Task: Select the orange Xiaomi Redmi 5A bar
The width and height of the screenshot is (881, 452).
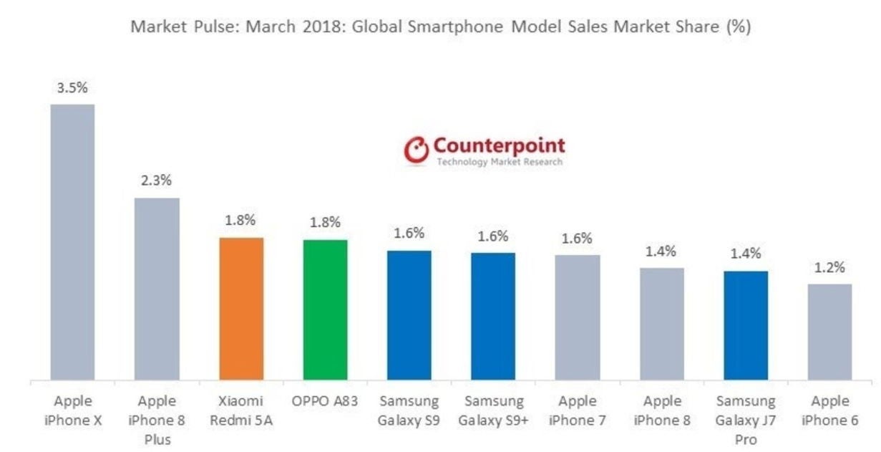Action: coord(241,308)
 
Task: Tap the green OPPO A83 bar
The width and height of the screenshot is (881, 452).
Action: coord(326,309)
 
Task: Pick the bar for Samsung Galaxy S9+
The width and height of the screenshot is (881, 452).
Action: coord(493,316)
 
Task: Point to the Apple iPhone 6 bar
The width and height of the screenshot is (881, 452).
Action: coord(829,332)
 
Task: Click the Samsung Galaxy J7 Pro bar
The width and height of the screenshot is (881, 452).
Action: coord(746,325)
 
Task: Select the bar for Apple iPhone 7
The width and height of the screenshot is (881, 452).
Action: coord(578,317)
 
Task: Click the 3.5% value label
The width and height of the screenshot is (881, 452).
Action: coord(72,88)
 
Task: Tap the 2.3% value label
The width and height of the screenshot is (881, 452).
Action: coord(156,181)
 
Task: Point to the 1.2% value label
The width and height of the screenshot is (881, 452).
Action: coord(829,268)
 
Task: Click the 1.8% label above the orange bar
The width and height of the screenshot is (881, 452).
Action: coord(240,221)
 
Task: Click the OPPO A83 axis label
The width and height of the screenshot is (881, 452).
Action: coord(325,402)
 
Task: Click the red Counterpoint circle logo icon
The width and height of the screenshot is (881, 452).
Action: coord(416,150)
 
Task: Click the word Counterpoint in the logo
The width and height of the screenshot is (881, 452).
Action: coord(499,145)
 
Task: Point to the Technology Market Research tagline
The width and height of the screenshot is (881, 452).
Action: coord(499,163)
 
